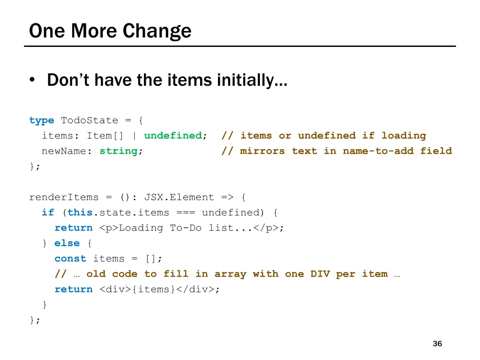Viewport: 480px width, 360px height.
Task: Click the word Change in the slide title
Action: tap(157, 31)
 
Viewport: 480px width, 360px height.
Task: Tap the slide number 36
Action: tap(437, 344)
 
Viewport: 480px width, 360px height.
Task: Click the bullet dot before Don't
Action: tap(32, 81)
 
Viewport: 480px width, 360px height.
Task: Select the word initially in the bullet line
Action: tap(252, 81)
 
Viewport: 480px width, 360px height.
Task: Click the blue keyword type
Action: tap(42, 120)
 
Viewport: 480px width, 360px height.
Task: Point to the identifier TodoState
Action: tap(90, 120)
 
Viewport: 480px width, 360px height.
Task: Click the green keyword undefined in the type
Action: tap(173, 135)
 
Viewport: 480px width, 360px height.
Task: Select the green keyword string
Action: tap(119, 151)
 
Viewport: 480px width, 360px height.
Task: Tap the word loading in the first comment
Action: tap(404, 135)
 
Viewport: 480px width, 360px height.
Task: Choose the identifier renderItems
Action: tap(64, 197)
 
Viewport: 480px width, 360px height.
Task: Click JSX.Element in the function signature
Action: tap(179, 197)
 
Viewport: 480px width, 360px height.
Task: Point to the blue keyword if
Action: tap(48, 212)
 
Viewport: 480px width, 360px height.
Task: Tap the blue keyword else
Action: tap(67, 243)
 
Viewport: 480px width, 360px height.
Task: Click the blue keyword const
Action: tap(70, 259)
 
